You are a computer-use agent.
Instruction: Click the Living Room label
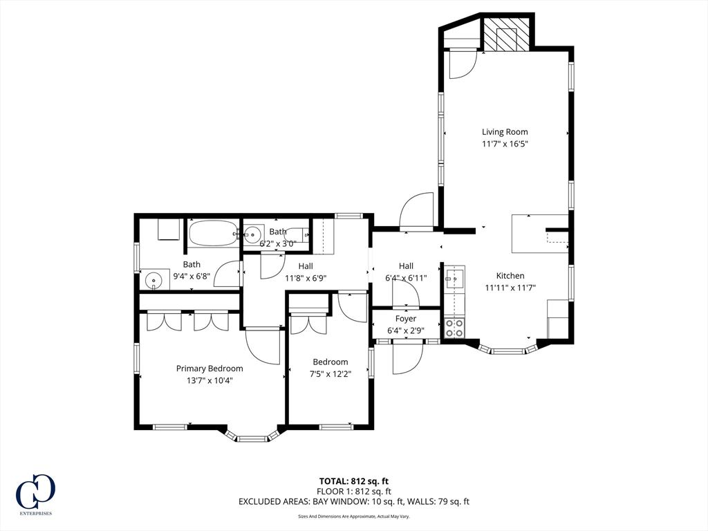pyautogui.click(x=505, y=132)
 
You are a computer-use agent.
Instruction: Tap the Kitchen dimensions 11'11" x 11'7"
pyautogui.click(x=510, y=288)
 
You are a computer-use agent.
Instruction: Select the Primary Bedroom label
pyautogui.click(x=209, y=369)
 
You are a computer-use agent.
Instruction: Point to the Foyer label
pyautogui.click(x=405, y=319)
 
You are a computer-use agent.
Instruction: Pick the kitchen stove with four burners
pyautogui.click(x=454, y=328)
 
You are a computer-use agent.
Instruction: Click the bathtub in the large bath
pyautogui.click(x=213, y=233)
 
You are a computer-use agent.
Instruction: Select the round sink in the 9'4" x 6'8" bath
pyautogui.click(x=154, y=281)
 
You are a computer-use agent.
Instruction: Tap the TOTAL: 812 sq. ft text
pyautogui.click(x=354, y=481)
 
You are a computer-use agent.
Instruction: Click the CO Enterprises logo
pyautogui.click(x=36, y=494)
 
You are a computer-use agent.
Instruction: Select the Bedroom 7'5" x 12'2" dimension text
pyautogui.click(x=330, y=374)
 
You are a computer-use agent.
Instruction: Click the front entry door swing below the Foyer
pyautogui.click(x=407, y=359)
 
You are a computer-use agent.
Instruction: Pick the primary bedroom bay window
pyautogui.click(x=252, y=434)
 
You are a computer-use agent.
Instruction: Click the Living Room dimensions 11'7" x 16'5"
pyautogui.click(x=505, y=144)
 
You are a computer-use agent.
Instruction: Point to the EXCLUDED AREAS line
pyautogui.click(x=354, y=501)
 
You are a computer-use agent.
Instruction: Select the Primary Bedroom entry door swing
pyautogui.click(x=263, y=346)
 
